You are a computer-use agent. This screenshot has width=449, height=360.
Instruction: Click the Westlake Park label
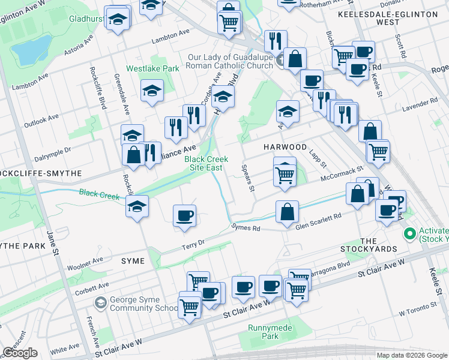tap(152, 68)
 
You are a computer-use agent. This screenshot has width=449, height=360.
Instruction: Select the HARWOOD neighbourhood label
tap(285, 147)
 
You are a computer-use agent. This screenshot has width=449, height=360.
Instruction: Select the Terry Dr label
tap(193, 244)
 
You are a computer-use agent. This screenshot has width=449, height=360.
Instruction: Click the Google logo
tap(20, 353)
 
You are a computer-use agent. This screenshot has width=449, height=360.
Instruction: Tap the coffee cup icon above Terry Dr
tap(184, 215)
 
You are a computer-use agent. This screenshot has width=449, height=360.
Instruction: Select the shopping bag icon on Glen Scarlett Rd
tap(288, 211)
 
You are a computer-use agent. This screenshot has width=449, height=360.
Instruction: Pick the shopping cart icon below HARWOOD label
tap(285, 175)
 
